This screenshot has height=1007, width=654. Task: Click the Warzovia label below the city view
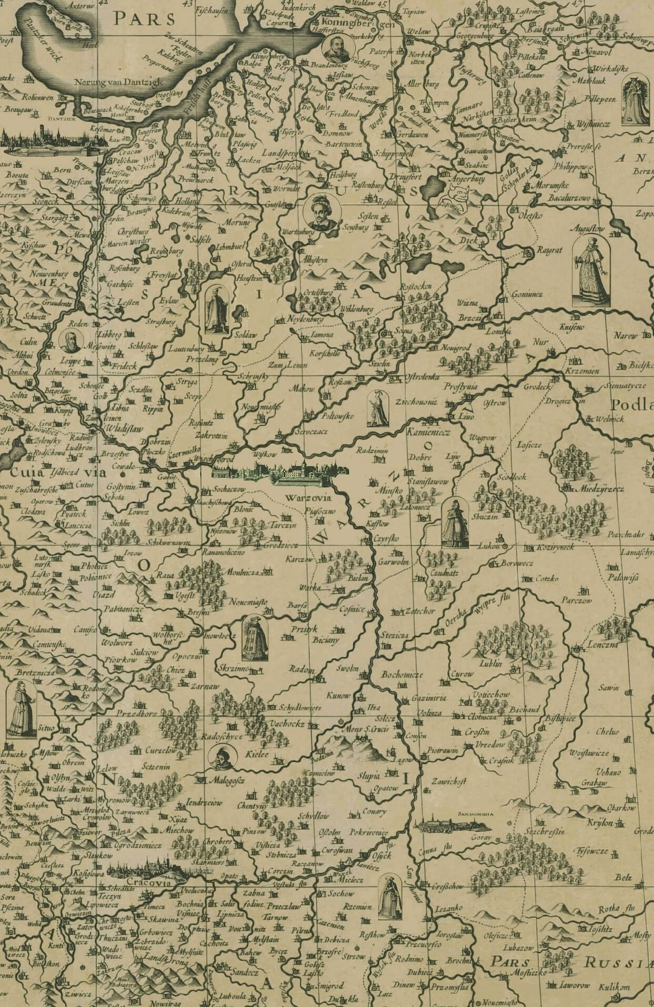300,497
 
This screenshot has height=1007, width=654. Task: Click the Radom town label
301,669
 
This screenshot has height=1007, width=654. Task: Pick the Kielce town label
257,755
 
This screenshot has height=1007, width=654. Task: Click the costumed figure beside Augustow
589,271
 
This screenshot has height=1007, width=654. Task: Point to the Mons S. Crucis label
349,730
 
